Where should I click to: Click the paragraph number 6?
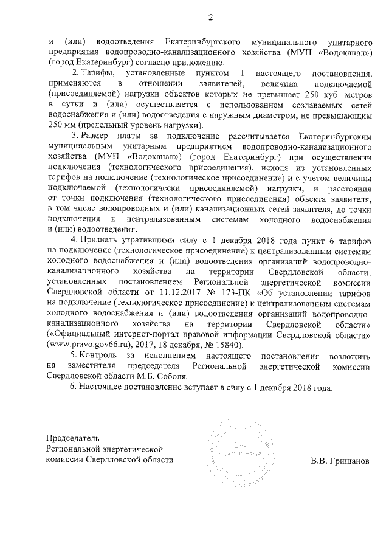point(74,387)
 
